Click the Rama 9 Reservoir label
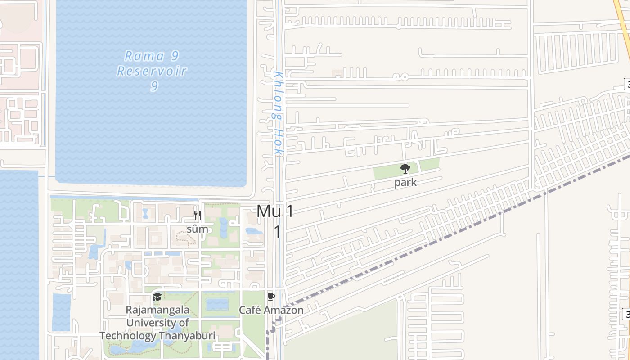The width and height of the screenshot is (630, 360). pyautogui.click(x=152, y=71)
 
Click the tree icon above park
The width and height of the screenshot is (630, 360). pyautogui.click(x=405, y=169)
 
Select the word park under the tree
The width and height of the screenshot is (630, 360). pyautogui.click(x=405, y=183)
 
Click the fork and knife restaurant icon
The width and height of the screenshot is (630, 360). pyautogui.click(x=197, y=215)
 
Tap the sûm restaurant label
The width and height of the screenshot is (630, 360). pyautogui.click(x=198, y=229)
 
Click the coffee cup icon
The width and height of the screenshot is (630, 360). pyautogui.click(x=271, y=297)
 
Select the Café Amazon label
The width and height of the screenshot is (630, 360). pyautogui.click(x=271, y=310)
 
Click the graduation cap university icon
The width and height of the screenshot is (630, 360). pyautogui.click(x=157, y=297)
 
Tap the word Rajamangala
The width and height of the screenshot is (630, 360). pyautogui.click(x=157, y=310)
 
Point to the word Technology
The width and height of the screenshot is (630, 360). pyautogui.click(x=128, y=336)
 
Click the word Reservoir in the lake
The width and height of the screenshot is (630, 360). pyautogui.click(x=152, y=71)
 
